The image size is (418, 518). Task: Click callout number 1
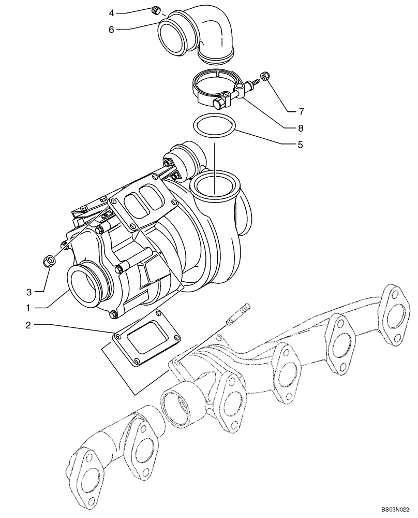coord(30,308)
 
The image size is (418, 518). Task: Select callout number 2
coord(30,325)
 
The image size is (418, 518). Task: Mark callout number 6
coord(111,30)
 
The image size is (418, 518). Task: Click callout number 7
coord(301,111)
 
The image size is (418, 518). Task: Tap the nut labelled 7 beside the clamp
coord(264,76)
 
